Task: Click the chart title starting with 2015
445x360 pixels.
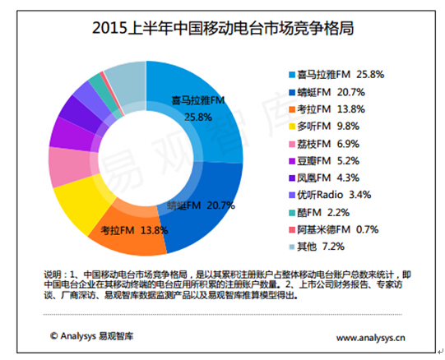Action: (223, 30)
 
